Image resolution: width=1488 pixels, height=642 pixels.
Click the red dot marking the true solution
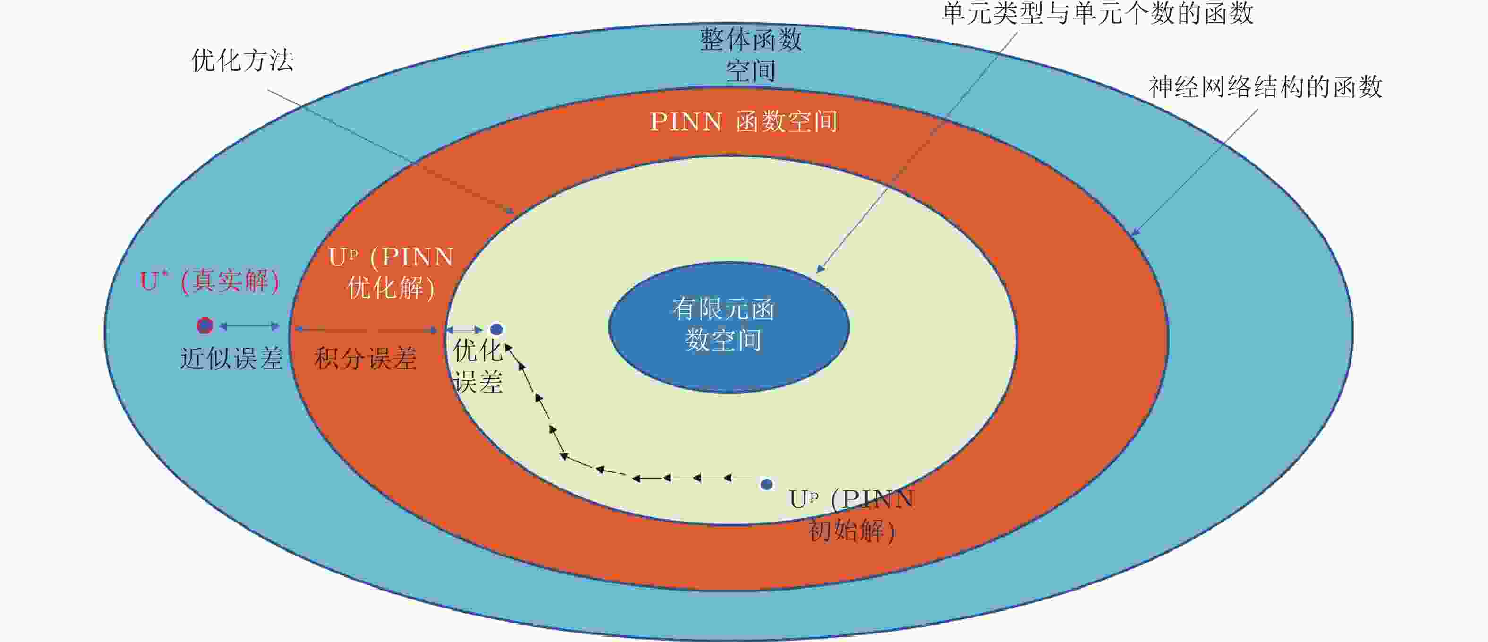click(x=205, y=326)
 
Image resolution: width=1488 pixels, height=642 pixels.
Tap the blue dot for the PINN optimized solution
click(x=496, y=329)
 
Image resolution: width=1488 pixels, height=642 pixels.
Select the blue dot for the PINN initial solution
click(x=767, y=484)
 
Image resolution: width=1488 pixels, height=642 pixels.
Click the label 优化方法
click(x=243, y=60)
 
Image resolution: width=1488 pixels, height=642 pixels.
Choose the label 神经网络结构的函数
click(x=1265, y=86)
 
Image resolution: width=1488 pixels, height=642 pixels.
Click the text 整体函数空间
click(x=751, y=55)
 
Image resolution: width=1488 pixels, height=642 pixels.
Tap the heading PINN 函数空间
click(x=744, y=121)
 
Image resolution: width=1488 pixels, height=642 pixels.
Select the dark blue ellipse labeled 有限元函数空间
click(x=729, y=327)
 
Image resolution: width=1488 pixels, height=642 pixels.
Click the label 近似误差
click(x=231, y=358)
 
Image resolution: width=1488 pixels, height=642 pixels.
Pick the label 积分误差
click(x=365, y=358)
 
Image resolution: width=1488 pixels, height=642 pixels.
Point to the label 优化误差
click(x=478, y=366)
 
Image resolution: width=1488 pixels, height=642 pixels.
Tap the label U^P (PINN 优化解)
click(x=391, y=272)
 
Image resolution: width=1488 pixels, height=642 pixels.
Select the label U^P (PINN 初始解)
click(x=851, y=515)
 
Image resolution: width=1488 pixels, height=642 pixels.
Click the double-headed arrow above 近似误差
click(x=249, y=326)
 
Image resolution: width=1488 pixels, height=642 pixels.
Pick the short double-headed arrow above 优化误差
click(x=464, y=329)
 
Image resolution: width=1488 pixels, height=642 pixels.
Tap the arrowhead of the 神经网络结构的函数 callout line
click(x=1135, y=232)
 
